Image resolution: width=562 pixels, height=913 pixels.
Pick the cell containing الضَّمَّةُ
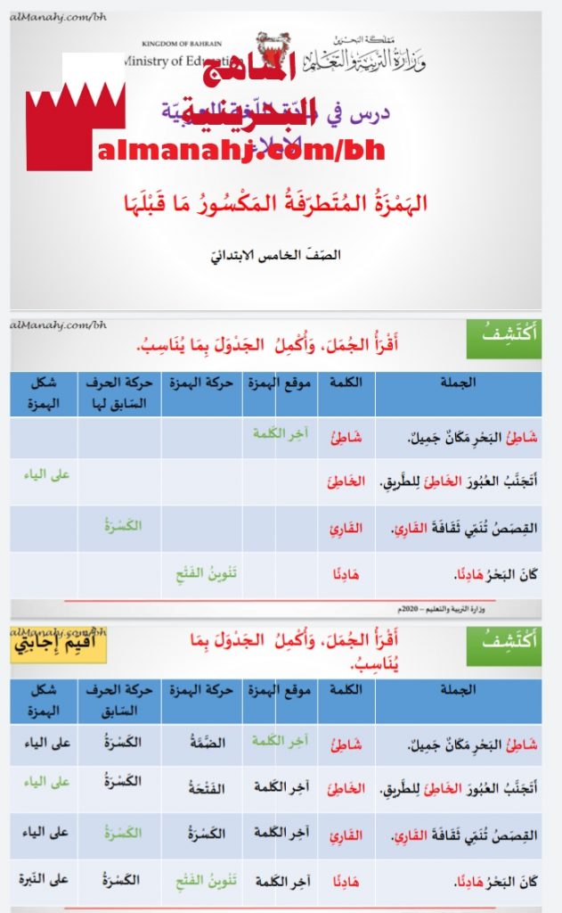click(x=202, y=742)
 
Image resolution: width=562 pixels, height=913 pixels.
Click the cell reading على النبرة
click(x=45, y=880)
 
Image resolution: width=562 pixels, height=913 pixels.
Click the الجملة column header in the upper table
click(x=458, y=383)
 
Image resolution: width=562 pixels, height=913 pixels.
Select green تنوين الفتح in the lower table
click(x=202, y=880)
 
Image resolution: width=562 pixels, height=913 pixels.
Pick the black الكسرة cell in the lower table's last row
click(x=120, y=880)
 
